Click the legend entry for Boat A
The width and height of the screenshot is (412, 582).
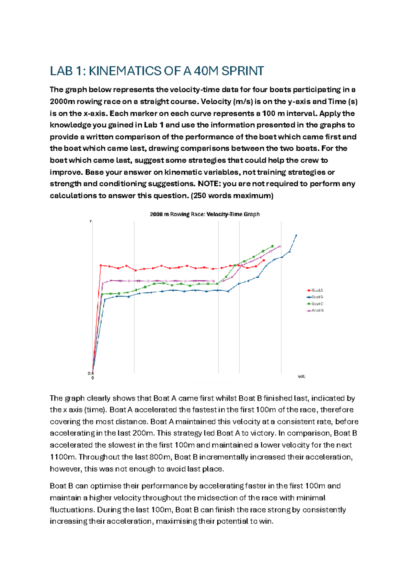315,290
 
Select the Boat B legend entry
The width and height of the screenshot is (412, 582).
315,297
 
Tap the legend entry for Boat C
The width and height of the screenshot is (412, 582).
315,304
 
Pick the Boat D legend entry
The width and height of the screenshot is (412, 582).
315,311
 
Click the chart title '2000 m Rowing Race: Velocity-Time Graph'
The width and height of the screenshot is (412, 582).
205,214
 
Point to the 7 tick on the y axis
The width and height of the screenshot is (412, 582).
90,221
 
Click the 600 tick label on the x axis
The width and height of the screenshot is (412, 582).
301,376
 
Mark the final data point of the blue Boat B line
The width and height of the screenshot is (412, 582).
296,235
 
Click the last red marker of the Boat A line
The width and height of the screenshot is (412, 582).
264,260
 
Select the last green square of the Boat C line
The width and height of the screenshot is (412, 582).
272,246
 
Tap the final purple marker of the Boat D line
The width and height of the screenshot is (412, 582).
280,246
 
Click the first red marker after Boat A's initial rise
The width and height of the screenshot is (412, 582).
101,265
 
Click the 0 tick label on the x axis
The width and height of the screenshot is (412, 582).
92,378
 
